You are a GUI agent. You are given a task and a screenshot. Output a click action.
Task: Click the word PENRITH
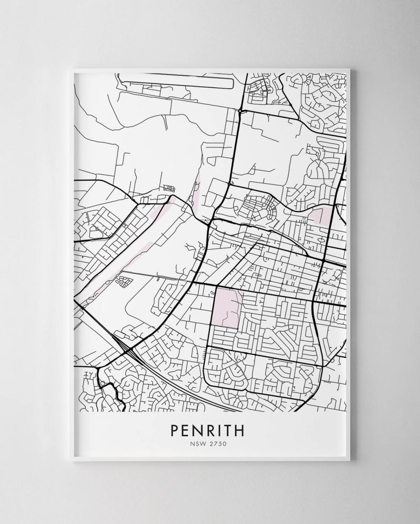click(x=207, y=430)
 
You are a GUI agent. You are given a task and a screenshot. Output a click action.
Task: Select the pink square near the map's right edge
click(x=321, y=215)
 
